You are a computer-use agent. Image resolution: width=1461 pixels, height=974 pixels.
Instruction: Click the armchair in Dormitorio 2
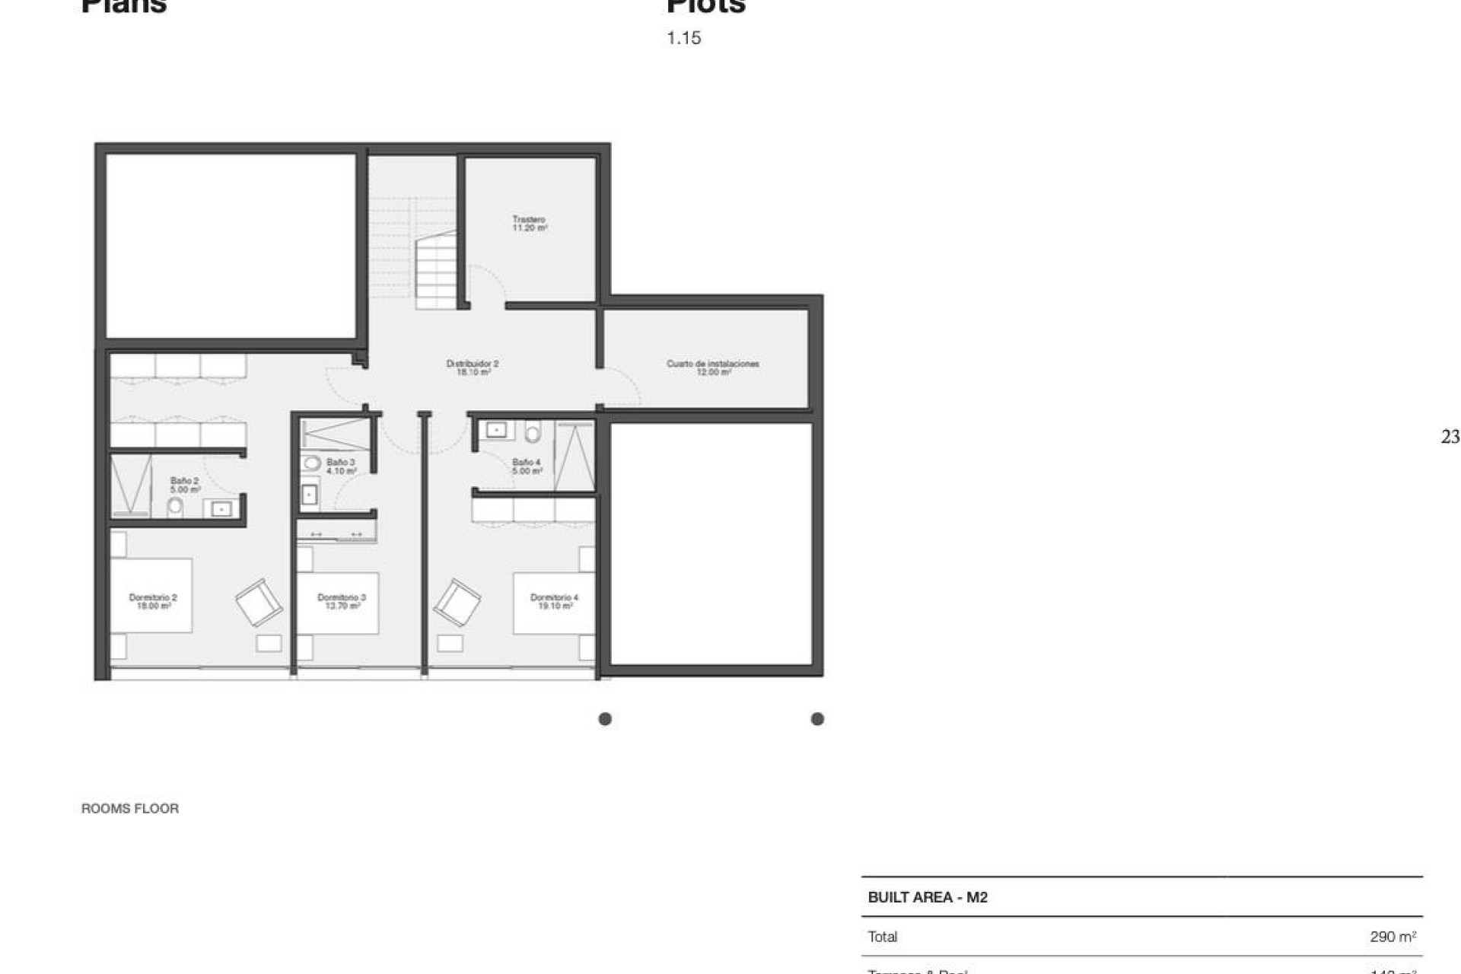click(x=259, y=602)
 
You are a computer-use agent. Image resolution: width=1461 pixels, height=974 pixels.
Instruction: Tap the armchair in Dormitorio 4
click(x=457, y=602)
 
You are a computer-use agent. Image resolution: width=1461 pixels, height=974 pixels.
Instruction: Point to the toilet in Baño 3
click(x=311, y=463)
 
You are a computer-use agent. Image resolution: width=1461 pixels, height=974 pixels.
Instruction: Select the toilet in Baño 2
click(x=175, y=507)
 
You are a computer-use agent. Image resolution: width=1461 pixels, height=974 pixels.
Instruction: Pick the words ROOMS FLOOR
click(x=130, y=809)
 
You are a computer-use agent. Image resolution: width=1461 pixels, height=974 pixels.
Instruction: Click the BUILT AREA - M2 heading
click(x=928, y=897)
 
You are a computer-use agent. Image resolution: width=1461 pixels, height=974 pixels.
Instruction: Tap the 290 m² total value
click(x=1393, y=937)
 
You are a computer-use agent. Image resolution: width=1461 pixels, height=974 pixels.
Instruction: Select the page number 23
click(x=1450, y=437)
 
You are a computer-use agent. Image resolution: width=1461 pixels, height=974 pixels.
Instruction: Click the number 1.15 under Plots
click(x=683, y=38)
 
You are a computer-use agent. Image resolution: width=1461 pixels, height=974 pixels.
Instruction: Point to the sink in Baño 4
click(x=496, y=431)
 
